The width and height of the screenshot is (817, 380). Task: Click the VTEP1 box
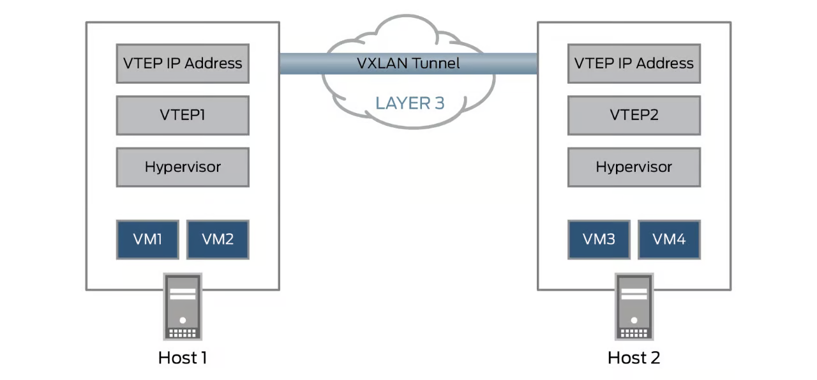pos(183,116)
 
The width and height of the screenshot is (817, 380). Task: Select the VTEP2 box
pos(634,116)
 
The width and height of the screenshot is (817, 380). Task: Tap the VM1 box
pos(147,239)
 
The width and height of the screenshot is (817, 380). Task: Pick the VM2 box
pos(218,239)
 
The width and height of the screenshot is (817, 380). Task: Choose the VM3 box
pos(599,239)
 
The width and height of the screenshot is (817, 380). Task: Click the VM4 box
pos(669,239)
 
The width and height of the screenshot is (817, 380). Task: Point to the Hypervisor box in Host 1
pos(183,167)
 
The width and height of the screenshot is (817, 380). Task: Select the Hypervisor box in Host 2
pos(634,167)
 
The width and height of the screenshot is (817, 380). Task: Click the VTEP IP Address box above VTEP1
pos(183,63)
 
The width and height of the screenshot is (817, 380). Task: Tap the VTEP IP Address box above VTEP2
pos(634,63)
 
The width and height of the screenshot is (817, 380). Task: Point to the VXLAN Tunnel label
pos(408,63)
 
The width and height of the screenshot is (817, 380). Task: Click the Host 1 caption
pos(183,358)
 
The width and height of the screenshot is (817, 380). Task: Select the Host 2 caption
pos(634,358)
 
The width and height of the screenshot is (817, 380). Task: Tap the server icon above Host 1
pos(183,306)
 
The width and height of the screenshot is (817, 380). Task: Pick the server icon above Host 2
pos(634,306)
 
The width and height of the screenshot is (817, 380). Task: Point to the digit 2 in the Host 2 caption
pos(656,358)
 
